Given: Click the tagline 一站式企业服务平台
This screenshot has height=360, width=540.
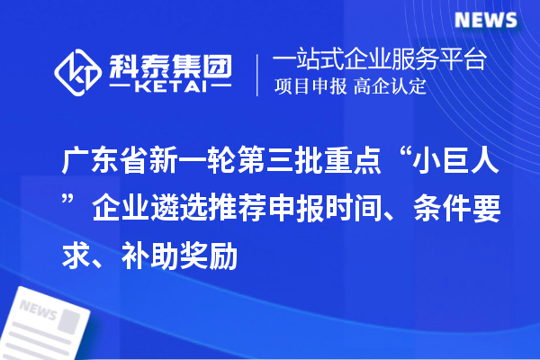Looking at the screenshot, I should tap(379, 61).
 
